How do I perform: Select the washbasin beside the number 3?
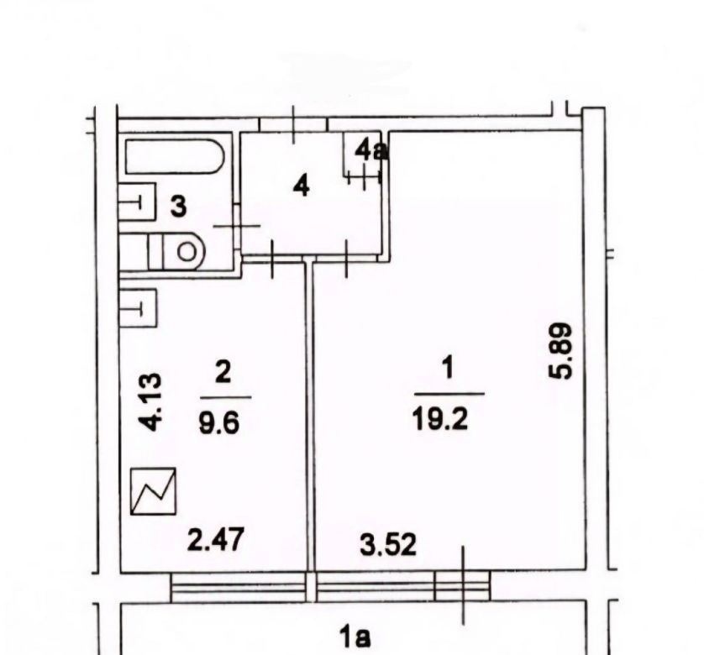click(136, 202)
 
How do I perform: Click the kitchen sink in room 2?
click(138, 308)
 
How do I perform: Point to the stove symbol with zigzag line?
click(153, 490)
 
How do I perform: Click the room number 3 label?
click(178, 207)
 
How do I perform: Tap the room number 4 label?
click(301, 186)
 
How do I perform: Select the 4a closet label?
click(370, 150)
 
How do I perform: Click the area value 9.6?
click(219, 422)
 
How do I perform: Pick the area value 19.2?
click(440, 420)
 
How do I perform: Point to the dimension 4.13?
click(150, 401)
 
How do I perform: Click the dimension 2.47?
click(216, 539)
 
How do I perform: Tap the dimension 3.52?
click(388, 544)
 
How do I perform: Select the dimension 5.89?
click(561, 351)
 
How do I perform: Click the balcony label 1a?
click(355, 638)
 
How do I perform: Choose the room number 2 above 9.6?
click(223, 373)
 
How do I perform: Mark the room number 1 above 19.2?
click(448, 369)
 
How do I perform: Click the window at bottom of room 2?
click(239, 587)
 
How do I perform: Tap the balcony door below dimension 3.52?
click(462, 586)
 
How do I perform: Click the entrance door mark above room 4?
click(294, 124)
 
